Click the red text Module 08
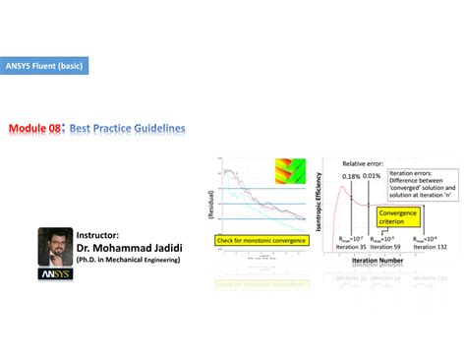click(x=36, y=129)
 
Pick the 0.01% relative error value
click(x=373, y=176)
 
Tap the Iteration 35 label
click(x=352, y=244)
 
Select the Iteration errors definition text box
click(x=423, y=186)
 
